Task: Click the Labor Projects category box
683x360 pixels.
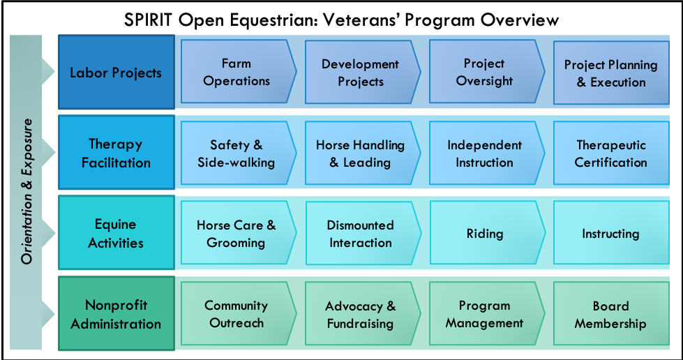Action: click(117, 72)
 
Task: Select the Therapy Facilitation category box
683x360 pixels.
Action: click(117, 152)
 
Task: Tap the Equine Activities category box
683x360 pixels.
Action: click(117, 232)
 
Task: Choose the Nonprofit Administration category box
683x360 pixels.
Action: click(117, 313)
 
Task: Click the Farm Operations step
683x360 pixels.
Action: click(238, 72)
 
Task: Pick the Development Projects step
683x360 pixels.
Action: click(362, 73)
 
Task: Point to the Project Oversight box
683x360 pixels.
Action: click(486, 72)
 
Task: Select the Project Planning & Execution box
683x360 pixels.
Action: click(611, 73)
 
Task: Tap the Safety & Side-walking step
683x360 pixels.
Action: click(238, 153)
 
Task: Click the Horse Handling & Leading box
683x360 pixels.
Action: click(362, 153)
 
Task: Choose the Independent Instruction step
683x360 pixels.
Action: click(486, 153)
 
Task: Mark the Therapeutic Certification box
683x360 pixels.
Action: click(611, 153)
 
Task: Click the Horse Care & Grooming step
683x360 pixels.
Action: click(238, 233)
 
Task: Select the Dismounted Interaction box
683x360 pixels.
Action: click(363, 233)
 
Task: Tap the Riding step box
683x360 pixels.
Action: click(487, 233)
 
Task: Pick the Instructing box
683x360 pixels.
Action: click(611, 233)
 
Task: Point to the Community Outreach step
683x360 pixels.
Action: click(238, 314)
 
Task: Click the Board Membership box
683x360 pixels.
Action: click(611, 314)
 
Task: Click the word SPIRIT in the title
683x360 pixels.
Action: click(148, 20)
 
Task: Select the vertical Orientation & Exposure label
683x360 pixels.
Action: click(27, 191)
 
